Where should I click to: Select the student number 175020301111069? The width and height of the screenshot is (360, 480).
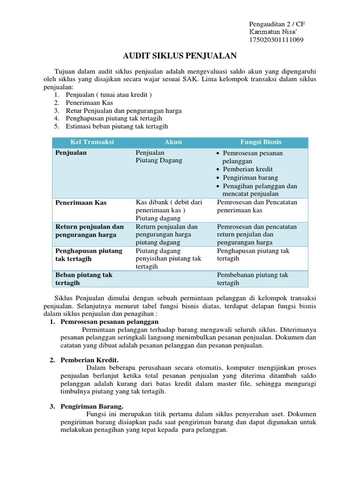[x=276, y=39]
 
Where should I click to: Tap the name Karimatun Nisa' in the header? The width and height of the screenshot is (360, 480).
[x=272, y=31]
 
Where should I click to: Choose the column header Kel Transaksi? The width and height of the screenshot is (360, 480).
[x=92, y=142]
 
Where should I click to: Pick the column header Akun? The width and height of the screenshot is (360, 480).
[x=172, y=142]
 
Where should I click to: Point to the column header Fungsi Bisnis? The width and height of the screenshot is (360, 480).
[x=261, y=142]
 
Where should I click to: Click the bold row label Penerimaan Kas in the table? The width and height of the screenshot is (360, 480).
[x=81, y=202]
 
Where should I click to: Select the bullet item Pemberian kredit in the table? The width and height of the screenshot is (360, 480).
[x=248, y=169]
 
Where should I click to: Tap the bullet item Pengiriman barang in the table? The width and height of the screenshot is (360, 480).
[x=250, y=178]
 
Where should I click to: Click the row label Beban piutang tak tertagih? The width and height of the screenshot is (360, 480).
[x=84, y=279]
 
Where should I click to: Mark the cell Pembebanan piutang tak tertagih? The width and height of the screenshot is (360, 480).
[x=252, y=279]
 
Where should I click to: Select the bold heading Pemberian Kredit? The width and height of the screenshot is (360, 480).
[x=90, y=360]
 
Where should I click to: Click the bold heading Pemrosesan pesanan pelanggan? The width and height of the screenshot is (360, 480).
[x=110, y=322]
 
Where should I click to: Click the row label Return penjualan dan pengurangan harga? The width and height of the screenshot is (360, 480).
[x=89, y=231]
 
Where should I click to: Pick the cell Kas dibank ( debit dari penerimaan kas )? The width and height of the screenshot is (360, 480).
[x=168, y=206]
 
